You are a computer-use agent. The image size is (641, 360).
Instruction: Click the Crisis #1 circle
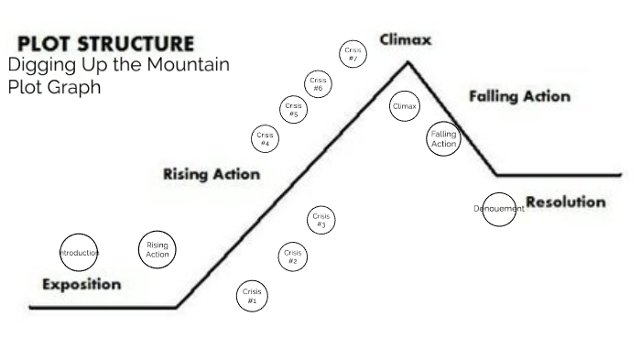[x=252, y=296]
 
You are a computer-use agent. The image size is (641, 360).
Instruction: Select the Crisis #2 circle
[x=293, y=256]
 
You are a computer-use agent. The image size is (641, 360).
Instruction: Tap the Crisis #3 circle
[x=320, y=221]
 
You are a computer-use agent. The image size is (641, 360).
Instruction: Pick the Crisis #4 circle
[x=265, y=139]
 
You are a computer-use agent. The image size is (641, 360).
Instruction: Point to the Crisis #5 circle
[x=293, y=110]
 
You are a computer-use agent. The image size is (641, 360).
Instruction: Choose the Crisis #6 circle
[x=319, y=84]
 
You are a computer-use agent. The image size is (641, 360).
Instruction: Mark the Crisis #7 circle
[x=353, y=53]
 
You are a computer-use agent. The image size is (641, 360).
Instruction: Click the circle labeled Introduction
[x=79, y=251]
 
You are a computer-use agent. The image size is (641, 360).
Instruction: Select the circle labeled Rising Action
[x=158, y=249]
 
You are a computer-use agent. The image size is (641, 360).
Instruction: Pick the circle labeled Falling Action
[x=443, y=139]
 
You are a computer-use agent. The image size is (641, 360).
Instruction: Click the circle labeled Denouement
[x=499, y=209]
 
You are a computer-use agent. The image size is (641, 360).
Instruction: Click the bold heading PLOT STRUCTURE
[x=106, y=44]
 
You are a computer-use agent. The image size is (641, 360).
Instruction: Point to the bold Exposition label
[x=81, y=284]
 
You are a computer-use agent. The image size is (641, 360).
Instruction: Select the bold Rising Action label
[x=211, y=174]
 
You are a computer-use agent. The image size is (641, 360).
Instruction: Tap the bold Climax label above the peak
[x=406, y=41]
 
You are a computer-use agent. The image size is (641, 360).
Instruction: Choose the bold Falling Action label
[x=519, y=96]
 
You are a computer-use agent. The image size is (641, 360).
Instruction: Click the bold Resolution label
[x=566, y=202]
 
